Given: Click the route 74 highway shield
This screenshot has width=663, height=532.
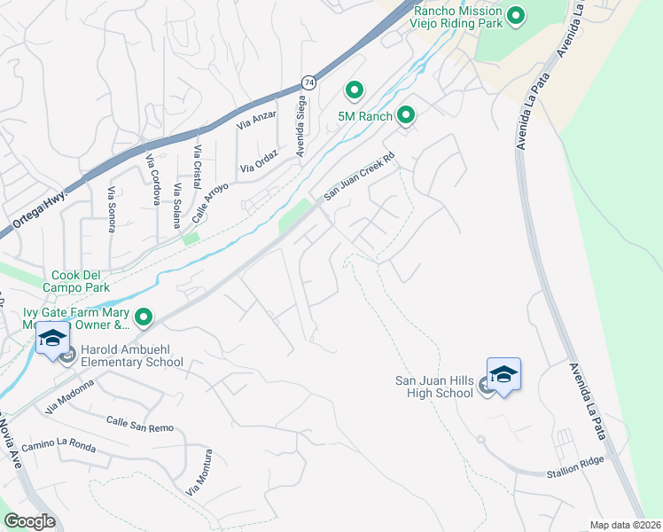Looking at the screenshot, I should (x=308, y=82).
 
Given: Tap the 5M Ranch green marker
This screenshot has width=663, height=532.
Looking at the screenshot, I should (x=406, y=115).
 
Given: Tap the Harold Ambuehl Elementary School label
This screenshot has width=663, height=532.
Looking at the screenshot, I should (x=131, y=356).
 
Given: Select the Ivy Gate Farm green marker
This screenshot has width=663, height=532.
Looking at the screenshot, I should (x=143, y=316).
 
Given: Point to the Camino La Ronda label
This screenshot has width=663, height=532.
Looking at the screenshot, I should (x=58, y=444).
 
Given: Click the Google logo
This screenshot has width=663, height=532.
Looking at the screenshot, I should (x=30, y=521).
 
